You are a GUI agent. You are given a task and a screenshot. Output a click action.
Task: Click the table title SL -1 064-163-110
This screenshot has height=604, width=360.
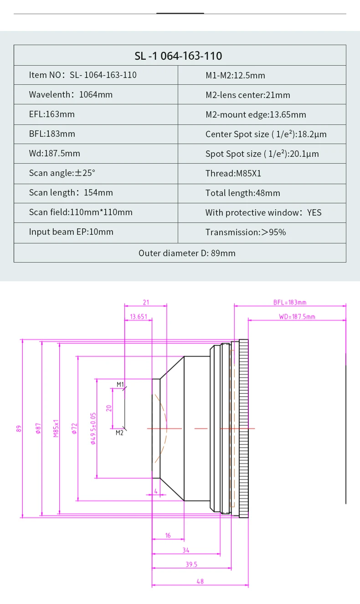178,56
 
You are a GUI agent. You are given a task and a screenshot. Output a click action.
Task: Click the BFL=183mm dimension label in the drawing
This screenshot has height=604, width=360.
289,302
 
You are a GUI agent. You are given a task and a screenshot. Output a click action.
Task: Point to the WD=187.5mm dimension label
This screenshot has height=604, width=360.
297,316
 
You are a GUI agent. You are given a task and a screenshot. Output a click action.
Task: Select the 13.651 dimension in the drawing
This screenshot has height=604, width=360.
139,316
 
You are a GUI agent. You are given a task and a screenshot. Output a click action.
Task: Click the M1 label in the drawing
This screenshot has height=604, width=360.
120,384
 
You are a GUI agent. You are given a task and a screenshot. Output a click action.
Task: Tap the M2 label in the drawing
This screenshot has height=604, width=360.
119,433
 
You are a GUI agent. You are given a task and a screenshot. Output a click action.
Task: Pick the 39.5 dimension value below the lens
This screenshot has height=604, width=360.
191,564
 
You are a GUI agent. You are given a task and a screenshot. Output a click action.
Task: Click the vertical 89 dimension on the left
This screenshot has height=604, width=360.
19,428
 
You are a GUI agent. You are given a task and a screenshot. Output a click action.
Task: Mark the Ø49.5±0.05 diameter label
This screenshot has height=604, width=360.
93,428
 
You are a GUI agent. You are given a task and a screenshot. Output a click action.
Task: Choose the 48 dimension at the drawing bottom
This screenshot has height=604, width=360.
200,581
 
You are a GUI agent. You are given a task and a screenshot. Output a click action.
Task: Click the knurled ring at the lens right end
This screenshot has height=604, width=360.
244,428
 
